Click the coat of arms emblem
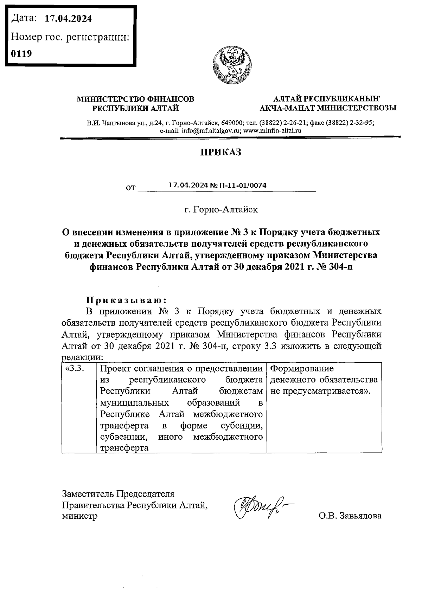click(x=232, y=66)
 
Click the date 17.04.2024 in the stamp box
click(x=68, y=19)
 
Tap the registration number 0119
click(x=21, y=54)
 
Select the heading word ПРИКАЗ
click(x=220, y=152)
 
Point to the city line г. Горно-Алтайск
click(x=221, y=210)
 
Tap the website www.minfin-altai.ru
click(x=273, y=130)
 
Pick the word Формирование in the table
click(x=302, y=369)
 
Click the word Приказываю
click(x=126, y=300)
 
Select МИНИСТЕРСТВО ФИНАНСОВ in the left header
click(x=135, y=99)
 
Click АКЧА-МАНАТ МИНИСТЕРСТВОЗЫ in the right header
click(x=328, y=108)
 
